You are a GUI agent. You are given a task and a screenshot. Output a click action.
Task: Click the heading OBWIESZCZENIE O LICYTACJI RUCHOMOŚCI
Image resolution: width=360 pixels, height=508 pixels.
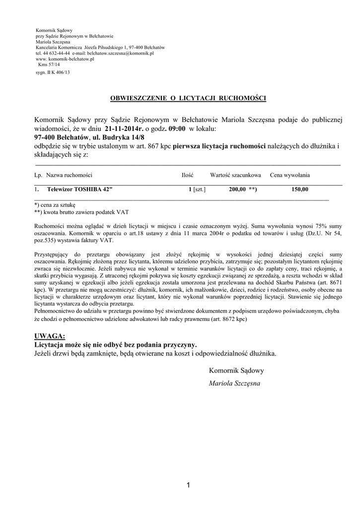pyautogui.click(x=188, y=98)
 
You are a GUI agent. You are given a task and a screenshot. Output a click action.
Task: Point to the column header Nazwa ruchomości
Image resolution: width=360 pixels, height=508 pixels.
pyautogui.click(x=69, y=176)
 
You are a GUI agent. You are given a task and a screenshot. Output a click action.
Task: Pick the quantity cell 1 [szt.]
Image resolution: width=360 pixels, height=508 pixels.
pyautogui.click(x=197, y=190)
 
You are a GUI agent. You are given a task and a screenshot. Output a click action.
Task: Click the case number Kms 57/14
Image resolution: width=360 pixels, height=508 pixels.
pyautogui.click(x=49, y=64)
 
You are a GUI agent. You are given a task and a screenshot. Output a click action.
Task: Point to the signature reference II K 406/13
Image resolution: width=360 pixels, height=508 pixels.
pyautogui.click(x=56, y=72)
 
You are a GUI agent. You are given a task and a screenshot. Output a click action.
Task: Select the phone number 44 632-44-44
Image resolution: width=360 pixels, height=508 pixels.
pyautogui.click(x=56, y=53)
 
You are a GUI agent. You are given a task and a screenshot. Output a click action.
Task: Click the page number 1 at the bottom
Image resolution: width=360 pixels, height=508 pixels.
pyautogui.click(x=189, y=485)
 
